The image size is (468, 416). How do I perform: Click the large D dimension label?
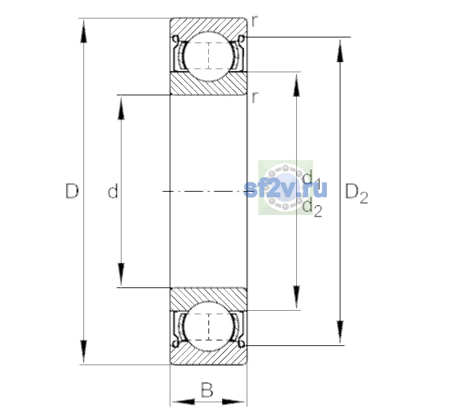(72, 191)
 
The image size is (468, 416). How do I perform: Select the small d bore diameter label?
(113, 191)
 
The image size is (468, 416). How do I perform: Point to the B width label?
(207, 390)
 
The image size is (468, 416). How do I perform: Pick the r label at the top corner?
(254, 21)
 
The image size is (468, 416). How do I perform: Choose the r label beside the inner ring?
(254, 97)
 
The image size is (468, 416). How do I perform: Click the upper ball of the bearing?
(209, 57)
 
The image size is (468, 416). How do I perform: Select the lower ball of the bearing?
(209, 326)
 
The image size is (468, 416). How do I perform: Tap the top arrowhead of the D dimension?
(84, 31)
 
